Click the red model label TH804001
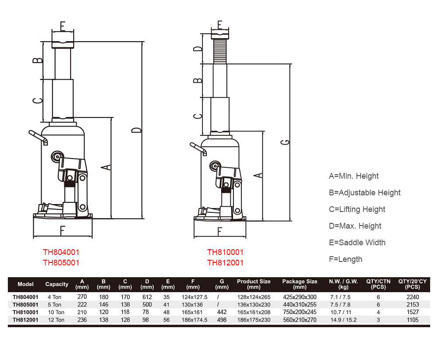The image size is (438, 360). [x=61, y=252]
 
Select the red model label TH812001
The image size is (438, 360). [x=226, y=263]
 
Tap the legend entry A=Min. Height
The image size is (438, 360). [x=353, y=176]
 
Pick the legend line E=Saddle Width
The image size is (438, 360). [x=357, y=243]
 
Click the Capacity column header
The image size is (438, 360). [x=57, y=284]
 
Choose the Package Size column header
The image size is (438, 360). [x=300, y=284]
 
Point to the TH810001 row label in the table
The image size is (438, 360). [x=25, y=312]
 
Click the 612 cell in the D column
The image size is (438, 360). [x=147, y=297]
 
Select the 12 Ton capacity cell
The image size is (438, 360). [x=56, y=320]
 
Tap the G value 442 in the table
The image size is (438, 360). [x=222, y=312]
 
